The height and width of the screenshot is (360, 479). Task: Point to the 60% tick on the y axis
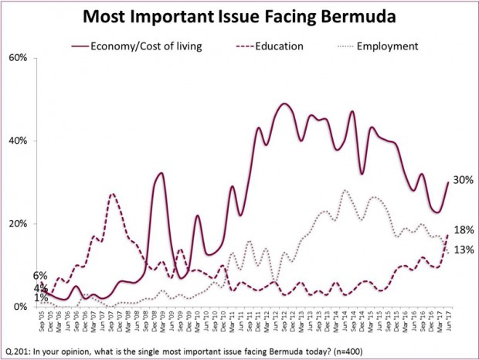click(19, 58)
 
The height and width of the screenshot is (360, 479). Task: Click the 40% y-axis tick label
click(19, 141)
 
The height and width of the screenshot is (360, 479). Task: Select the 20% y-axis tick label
click(19, 224)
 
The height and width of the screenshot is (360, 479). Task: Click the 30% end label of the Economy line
click(464, 180)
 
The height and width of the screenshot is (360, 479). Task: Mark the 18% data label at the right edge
click(464, 230)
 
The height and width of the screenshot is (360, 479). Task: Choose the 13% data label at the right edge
click(464, 249)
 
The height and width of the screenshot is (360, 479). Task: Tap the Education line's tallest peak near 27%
click(113, 194)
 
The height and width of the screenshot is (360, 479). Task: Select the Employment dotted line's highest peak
click(345, 190)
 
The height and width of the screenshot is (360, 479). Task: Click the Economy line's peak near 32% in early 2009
click(161, 173)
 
